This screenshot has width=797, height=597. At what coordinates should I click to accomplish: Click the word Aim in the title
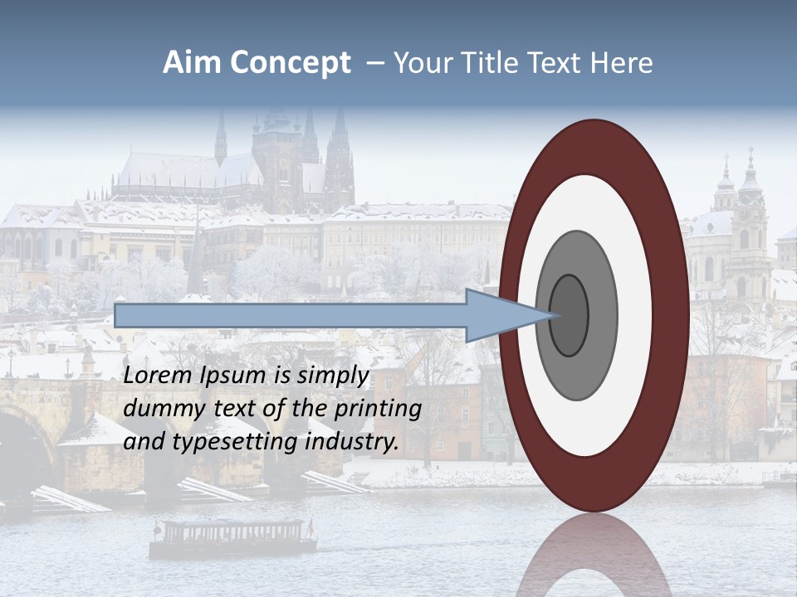(192, 63)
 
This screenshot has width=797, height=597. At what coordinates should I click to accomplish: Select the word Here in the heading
(622, 63)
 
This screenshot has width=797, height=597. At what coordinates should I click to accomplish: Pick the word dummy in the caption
(157, 409)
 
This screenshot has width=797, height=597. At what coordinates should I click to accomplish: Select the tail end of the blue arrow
(116, 315)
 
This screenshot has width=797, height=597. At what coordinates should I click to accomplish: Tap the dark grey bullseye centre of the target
(570, 315)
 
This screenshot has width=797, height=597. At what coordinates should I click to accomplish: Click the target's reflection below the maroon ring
(594, 556)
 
